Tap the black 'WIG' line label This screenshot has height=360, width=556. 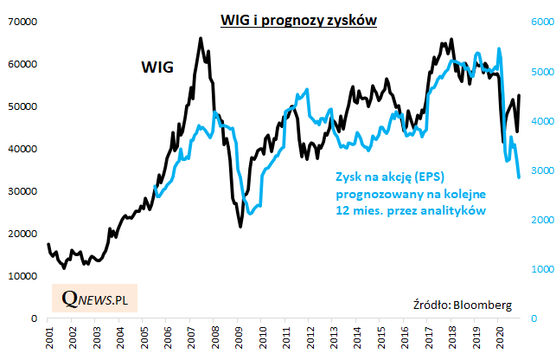point(158,67)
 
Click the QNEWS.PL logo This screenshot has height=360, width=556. point(95,299)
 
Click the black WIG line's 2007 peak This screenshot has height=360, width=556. point(201,38)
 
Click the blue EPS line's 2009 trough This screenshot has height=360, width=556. point(249,214)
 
